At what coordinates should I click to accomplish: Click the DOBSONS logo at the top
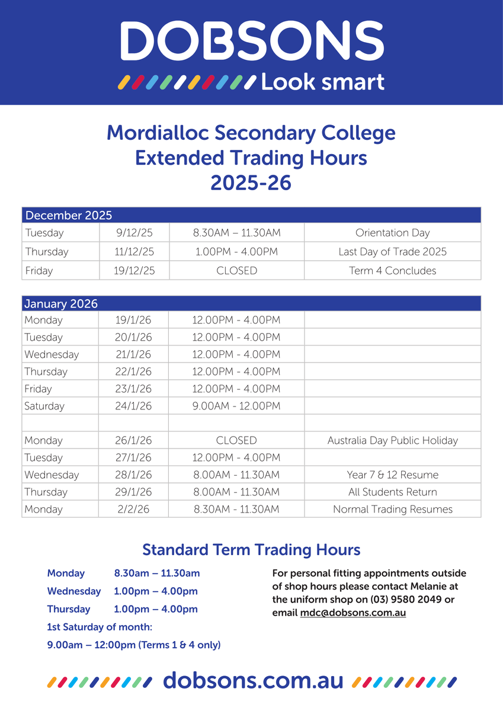(x=251, y=41)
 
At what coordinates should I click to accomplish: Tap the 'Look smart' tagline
(x=322, y=82)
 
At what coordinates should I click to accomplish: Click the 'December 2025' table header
(x=69, y=215)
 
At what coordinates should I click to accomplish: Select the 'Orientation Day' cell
(x=392, y=233)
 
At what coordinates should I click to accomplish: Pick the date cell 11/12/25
(x=134, y=252)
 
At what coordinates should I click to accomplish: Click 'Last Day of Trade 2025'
(x=392, y=252)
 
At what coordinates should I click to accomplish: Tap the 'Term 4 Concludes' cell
(x=392, y=271)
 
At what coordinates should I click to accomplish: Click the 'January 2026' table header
(x=61, y=303)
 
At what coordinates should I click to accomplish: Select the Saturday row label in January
(x=44, y=406)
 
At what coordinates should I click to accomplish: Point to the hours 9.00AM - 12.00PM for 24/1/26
(x=236, y=406)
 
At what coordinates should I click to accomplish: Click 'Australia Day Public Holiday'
(x=392, y=440)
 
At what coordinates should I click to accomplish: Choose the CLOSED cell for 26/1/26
(x=236, y=440)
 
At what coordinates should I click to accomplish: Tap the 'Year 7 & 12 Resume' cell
(x=392, y=475)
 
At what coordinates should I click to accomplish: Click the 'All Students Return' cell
(x=392, y=492)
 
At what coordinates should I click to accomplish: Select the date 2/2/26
(x=133, y=509)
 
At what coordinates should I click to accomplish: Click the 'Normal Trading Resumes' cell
(x=392, y=509)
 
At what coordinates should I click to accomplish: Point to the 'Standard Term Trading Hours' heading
(x=251, y=550)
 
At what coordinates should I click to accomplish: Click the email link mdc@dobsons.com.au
(x=353, y=613)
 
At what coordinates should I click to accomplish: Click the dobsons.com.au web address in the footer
(x=253, y=681)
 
